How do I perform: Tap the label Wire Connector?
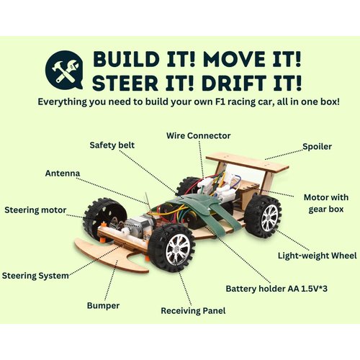pos(198,135)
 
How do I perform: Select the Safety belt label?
pos(112,144)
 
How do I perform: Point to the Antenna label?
pos(63,174)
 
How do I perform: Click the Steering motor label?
pos(35,210)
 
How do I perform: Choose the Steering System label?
pos(35,275)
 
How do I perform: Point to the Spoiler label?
pos(317,146)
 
